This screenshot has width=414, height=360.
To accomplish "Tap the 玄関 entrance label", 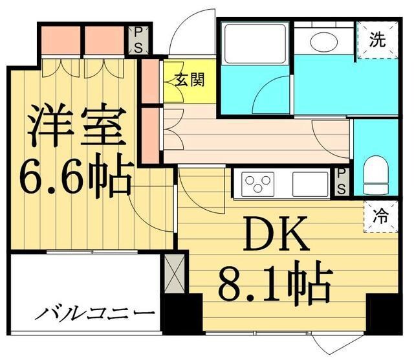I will (190, 80).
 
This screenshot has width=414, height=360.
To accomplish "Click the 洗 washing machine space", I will (377, 39).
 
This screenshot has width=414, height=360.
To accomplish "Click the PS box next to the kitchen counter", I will (341, 182).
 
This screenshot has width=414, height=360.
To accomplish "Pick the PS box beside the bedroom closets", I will (138, 39).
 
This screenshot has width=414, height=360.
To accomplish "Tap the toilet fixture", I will (375, 175).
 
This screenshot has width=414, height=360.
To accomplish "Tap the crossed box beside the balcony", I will (173, 273).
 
